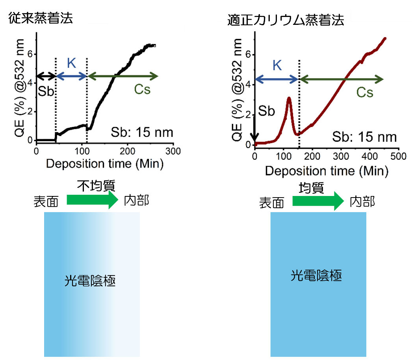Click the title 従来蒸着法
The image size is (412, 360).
[41, 19]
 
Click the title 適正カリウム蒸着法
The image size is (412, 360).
[286, 21]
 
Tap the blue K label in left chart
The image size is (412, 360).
[71, 63]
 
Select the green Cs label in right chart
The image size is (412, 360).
[365, 92]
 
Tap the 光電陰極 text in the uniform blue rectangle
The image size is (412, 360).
[316, 275]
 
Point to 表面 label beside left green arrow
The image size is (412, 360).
[46, 202]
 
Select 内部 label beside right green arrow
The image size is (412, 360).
[362, 202]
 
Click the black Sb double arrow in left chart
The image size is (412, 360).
[46, 76]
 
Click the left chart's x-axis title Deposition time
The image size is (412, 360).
[104, 163]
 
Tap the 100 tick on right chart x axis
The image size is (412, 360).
[284, 157]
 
